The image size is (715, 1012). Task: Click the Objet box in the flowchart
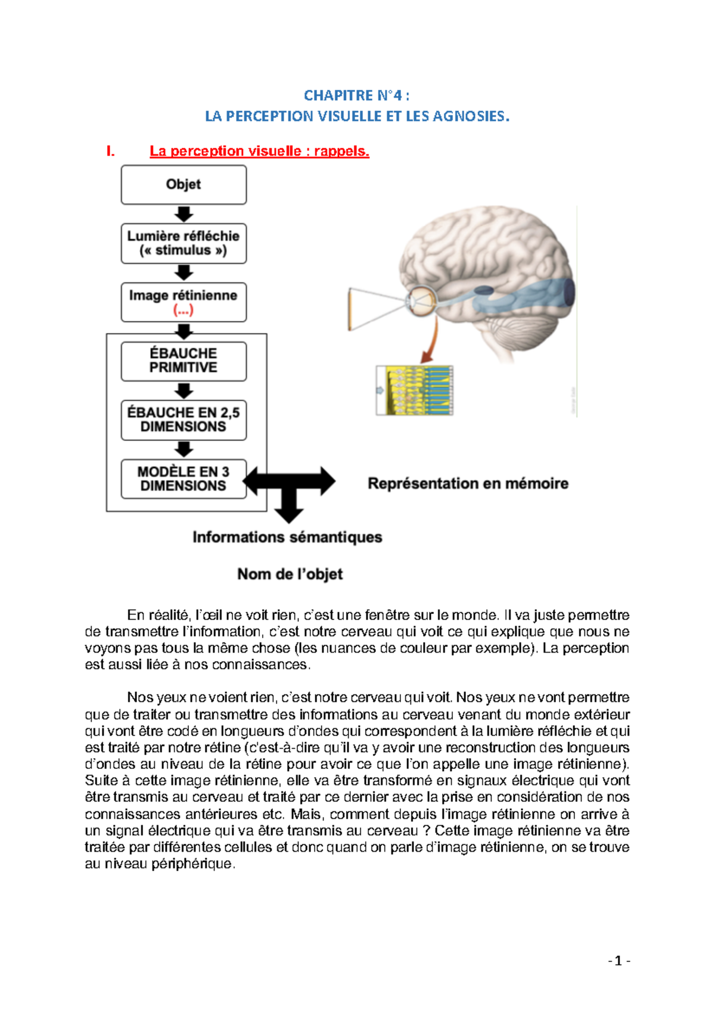[x=184, y=185]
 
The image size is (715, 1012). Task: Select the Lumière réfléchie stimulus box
[x=184, y=243]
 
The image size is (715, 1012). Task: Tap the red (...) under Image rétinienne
[x=184, y=310]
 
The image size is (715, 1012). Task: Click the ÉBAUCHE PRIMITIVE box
[x=184, y=361]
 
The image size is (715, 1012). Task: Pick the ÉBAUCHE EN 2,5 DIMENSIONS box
[x=184, y=420]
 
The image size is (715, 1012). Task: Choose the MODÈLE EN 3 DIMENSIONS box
[x=184, y=479]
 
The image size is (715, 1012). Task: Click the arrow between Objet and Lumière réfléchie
[x=184, y=214]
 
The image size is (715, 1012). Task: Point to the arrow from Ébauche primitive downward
[x=184, y=391]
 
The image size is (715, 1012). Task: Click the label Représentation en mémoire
[x=468, y=483]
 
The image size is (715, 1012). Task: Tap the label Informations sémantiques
[x=287, y=537]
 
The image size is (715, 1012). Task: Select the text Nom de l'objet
[x=290, y=574]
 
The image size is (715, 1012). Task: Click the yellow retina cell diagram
[x=415, y=390]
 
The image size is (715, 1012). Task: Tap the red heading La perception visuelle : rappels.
[x=259, y=151]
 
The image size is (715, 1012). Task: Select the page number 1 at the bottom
[x=618, y=961]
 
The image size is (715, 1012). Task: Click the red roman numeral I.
[x=110, y=151]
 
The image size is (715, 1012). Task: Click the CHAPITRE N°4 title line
[x=356, y=95]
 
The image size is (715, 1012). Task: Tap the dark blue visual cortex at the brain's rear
[x=569, y=293]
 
